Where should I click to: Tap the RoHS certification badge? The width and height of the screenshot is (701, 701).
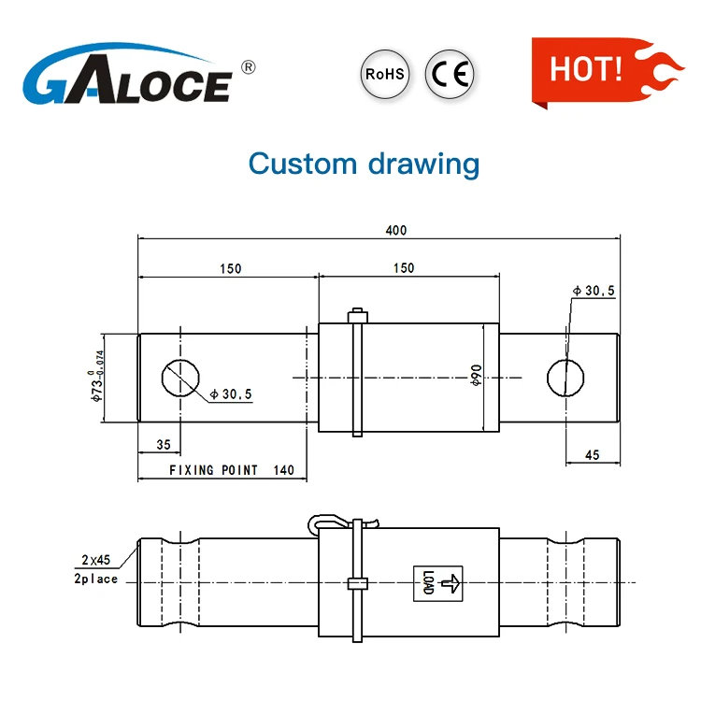coord(385,74)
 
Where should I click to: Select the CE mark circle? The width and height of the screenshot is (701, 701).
coord(450,74)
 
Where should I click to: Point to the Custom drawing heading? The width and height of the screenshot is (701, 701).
coord(364,165)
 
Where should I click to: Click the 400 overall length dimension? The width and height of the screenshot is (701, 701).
coord(396,231)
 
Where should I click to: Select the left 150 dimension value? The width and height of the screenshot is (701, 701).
coord(231,268)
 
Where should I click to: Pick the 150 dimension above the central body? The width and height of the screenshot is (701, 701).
coord(404,268)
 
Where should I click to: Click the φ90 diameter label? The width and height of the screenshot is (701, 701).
coord(476,375)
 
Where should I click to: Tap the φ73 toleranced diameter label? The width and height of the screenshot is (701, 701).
coord(96,377)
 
